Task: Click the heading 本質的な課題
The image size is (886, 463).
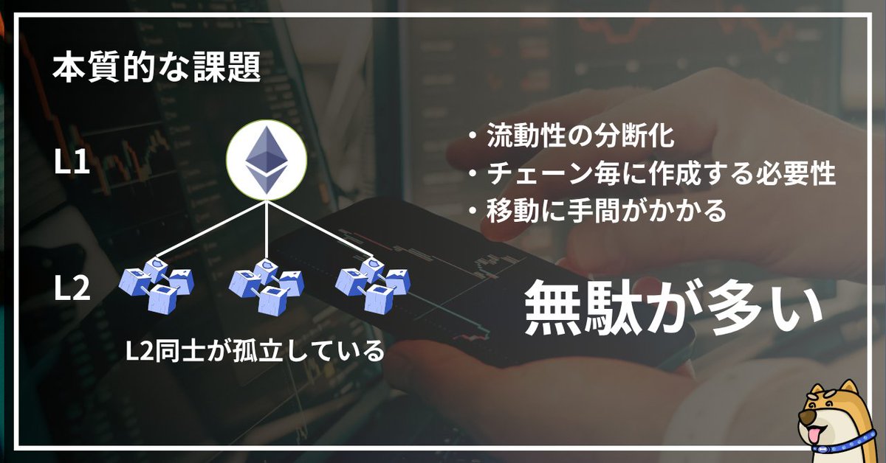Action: pos(157,69)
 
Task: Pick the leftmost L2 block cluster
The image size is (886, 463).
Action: pos(156,284)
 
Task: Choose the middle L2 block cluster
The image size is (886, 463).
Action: pos(266,284)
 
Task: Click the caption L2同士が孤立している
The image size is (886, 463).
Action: pos(255,349)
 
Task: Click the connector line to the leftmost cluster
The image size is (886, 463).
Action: pos(210,233)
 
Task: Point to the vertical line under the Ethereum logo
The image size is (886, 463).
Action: pos(266,229)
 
